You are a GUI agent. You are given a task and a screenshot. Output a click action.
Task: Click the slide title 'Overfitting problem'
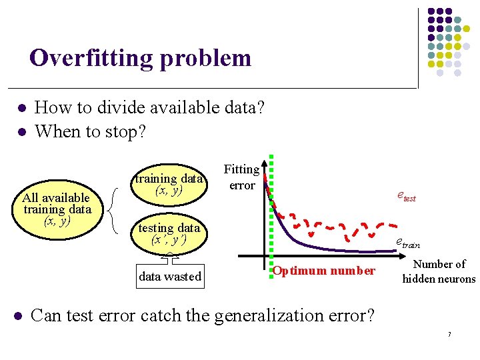pyautogui.click(x=140, y=59)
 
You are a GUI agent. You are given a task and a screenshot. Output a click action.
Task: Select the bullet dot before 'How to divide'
pyautogui.click(x=21, y=108)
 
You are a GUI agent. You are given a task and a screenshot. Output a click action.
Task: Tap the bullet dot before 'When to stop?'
pyautogui.click(x=21, y=132)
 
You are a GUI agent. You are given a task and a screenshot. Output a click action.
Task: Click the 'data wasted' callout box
pyautogui.click(x=169, y=275)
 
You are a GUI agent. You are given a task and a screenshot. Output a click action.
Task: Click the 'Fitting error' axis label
pyautogui.click(x=241, y=177)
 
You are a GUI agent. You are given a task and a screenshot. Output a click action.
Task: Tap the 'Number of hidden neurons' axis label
pyautogui.click(x=439, y=271)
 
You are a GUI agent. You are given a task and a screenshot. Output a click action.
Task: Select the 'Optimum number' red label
pyautogui.click(x=324, y=271)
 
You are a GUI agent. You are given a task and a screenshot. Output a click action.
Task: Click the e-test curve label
pyautogui.click(x=405, y=196)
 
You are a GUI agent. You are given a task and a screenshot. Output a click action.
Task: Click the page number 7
pyautogui.click(x=449, y=333)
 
